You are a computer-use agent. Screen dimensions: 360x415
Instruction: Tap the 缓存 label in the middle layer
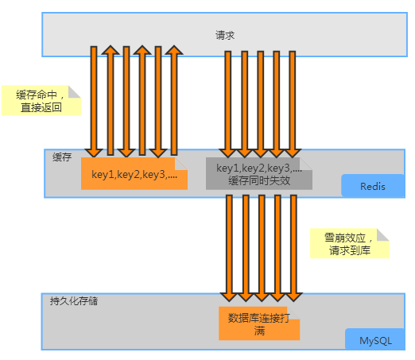62,157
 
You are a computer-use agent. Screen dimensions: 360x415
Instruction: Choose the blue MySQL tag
376,340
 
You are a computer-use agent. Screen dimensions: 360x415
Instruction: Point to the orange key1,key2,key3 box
134,175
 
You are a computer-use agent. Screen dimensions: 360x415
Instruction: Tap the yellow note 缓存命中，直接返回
41,101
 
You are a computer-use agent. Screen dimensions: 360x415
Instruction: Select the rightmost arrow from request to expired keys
293,103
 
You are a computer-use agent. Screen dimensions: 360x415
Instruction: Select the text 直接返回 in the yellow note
41,109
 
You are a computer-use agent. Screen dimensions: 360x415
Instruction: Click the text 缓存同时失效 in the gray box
259,181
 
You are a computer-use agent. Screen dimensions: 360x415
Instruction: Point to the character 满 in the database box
260,331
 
